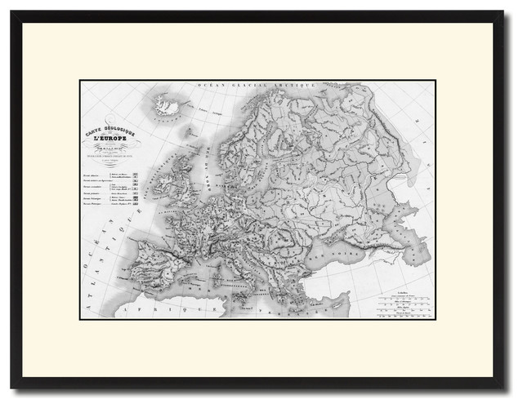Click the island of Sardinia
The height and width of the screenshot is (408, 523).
coord(209,274)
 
